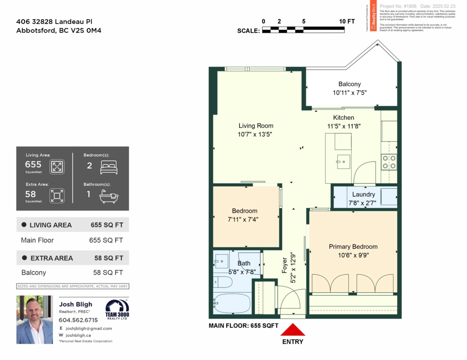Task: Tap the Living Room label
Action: pos(256,126)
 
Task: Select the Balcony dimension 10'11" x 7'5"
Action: pos(349,93)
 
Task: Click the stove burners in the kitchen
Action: pos(389,162)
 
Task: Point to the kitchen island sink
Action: pos(343,160)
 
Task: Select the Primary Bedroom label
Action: pos(353,247)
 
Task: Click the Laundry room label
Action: pos(363,195)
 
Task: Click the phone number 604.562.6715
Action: pos(78,320)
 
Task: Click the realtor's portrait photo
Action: pos(35,320)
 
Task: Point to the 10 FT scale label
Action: pos(346,21)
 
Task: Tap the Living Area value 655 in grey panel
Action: pos(33,164)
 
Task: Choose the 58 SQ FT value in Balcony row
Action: pos(108,273)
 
